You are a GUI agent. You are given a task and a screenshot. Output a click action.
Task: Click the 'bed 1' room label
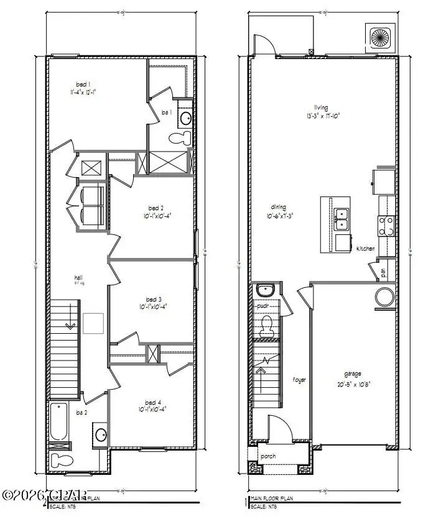[81, 85]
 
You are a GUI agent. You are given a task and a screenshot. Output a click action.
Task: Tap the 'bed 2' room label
[156, 208]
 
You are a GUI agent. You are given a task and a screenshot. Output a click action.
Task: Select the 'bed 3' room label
[156, 298]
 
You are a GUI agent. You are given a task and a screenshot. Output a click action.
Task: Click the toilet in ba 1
[184, 137]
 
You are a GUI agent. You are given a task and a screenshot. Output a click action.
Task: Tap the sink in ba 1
[185, 117]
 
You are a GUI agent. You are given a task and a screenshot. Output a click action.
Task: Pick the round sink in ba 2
[101, 434]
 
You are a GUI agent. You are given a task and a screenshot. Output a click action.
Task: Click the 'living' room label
[321, 107]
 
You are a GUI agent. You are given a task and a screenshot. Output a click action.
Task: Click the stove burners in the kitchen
[386, 225]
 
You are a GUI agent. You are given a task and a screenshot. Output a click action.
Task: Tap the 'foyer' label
[300, 379]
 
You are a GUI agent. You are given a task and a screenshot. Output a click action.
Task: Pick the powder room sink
[264, 289]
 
